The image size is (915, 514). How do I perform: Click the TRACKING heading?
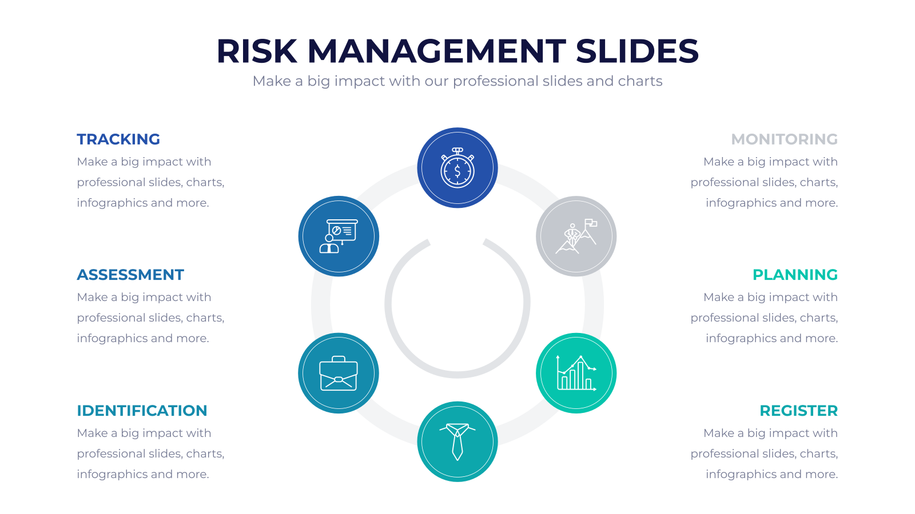(118, 139)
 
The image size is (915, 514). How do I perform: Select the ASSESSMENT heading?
(130, 275)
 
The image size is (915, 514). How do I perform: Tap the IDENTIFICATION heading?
(142, 411)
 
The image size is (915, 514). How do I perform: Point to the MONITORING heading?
(784, 139)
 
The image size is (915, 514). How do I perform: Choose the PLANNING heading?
(795, 275)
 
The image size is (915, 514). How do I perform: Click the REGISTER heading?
(798, 411)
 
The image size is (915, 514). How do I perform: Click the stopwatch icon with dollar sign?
(457, 168)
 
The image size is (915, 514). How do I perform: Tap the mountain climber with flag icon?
(576, 236)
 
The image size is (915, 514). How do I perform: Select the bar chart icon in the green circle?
(576, 374)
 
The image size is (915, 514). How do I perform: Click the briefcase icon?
(339, 374)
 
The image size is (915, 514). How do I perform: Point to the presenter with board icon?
(339, 236)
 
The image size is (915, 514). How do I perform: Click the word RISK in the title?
(257, 51)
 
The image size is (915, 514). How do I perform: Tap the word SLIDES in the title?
(637, 51)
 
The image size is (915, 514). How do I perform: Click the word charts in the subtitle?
(640, 81)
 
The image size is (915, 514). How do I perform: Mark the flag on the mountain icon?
(591, 223)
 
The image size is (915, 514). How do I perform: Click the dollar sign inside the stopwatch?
(457, 171)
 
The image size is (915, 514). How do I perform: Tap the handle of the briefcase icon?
(339, 359)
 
